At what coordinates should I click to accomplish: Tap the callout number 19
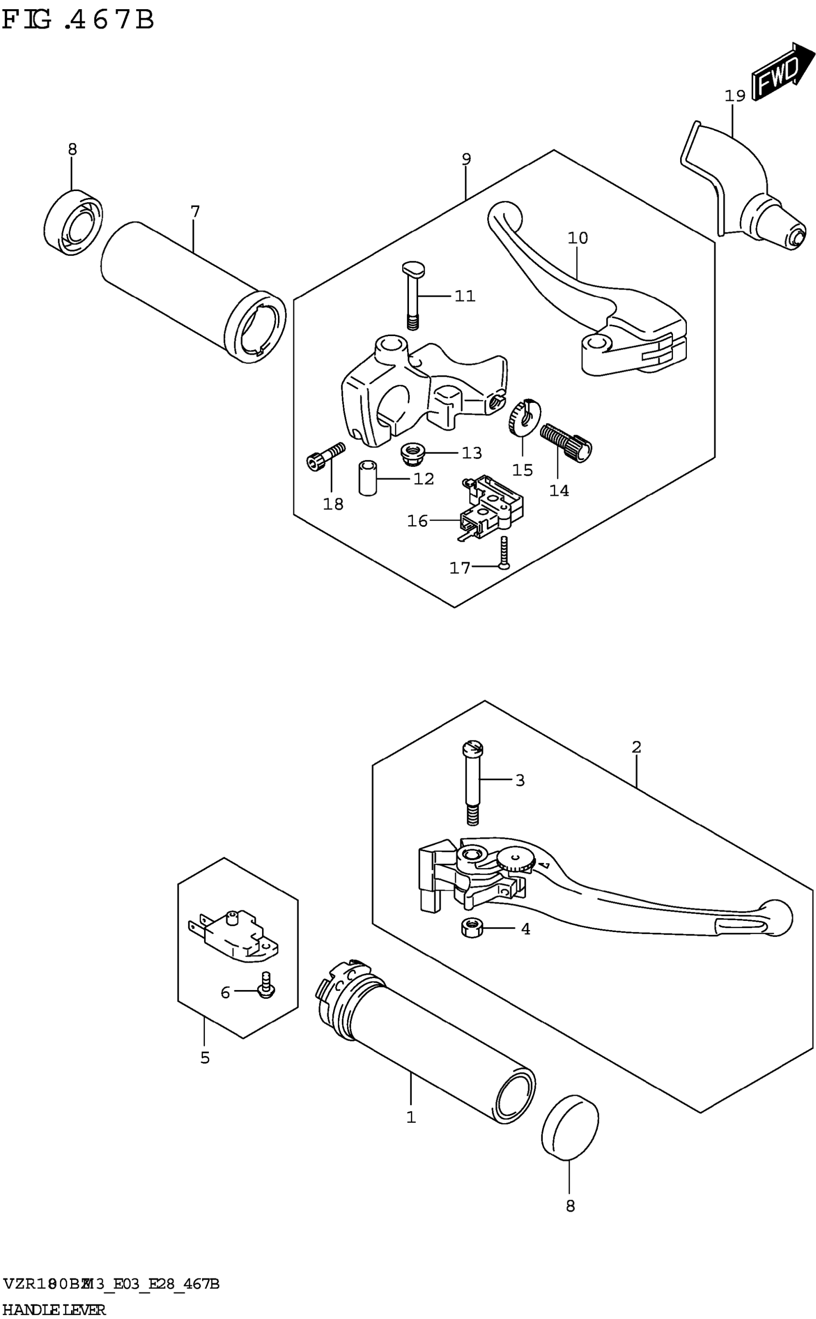click(734, 96)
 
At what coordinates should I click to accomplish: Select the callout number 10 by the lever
click(577, 238)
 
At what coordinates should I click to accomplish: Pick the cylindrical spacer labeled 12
click(368, 477)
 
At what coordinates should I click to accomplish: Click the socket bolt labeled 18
click(325, 456)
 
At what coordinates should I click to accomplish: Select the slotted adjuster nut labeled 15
click(525, 416)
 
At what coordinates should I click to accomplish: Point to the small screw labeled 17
click(504, 553)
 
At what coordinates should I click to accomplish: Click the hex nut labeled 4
click(472, 928)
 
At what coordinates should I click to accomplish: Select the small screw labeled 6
click(265, 986)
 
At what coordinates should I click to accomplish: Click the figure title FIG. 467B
click(78, 21)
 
